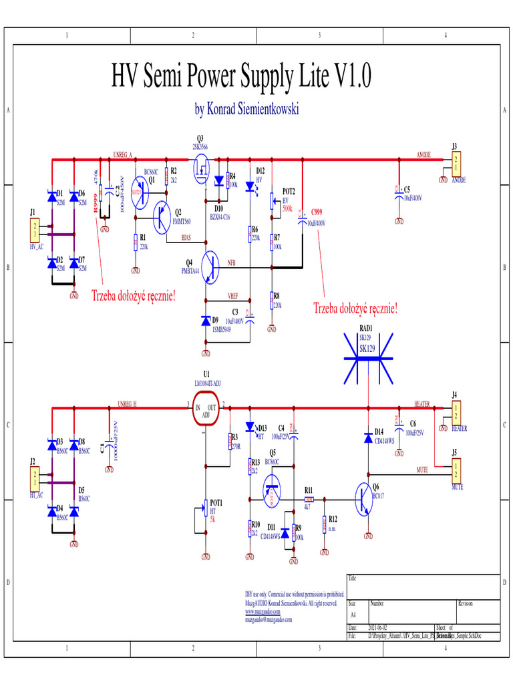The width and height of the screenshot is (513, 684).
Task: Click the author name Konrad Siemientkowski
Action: click(246, 109)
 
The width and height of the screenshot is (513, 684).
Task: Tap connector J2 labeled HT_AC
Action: click(34, 478)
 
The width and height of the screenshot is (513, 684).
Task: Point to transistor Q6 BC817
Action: click(365, 498)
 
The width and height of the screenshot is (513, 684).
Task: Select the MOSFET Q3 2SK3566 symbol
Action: click(201, 170)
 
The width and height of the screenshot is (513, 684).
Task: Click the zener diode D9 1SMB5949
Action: click(206, 321)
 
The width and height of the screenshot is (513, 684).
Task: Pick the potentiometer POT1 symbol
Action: click(206, 512)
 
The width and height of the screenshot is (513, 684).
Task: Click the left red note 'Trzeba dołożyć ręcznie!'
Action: click(134, 295)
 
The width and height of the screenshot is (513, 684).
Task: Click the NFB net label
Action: click(231, 263)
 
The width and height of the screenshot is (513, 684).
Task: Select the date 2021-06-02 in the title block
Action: click(378, 628)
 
